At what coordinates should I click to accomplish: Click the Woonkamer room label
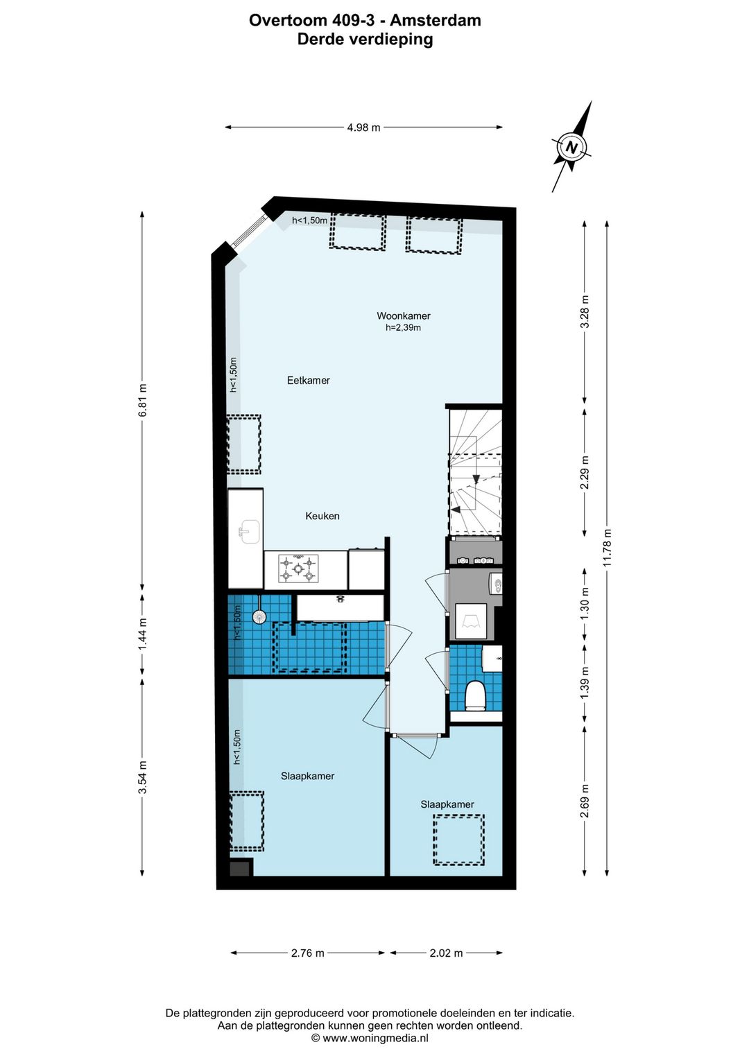(403, 315)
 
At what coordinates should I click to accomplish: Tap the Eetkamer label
(308, 380)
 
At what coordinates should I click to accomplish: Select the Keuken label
(322, 516)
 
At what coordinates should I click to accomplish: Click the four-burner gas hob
(298, 569)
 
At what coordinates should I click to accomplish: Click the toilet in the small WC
(475, 695)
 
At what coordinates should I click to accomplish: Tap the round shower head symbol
(259, 616)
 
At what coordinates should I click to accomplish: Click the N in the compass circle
(571, 147)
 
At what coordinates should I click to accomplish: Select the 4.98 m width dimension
(363, 127)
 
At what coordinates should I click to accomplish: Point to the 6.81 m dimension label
(143, 400)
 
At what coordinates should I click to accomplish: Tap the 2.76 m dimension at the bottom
(308, 953)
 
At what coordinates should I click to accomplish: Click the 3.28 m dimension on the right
(585, 312)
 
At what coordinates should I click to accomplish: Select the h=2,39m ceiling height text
(403, 327)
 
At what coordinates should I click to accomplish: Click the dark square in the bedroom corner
(241, 867)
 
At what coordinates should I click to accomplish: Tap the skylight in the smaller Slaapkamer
(459, 840)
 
